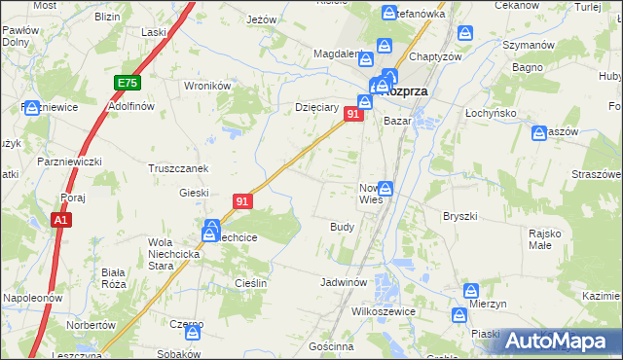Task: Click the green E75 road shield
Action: pos(127,84)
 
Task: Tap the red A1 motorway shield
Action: pos(60,221)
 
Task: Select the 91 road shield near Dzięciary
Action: pos(353,115)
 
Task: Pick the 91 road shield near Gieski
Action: pos(243,201)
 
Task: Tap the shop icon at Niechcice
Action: pos(211,232)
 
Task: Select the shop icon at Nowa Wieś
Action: pos(386,189)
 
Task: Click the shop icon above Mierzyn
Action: pos(472,290)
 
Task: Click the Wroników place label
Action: pos(206,85)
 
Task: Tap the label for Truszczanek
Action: pos(178,167)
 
